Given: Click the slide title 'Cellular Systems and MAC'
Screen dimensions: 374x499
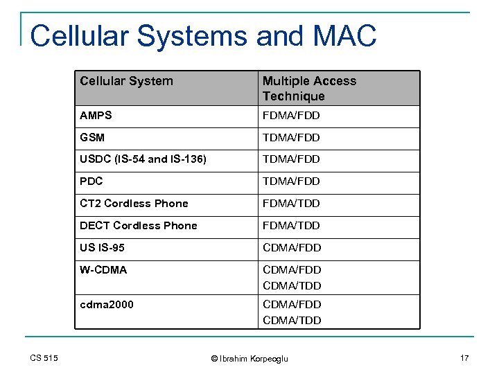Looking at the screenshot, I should [203, 36].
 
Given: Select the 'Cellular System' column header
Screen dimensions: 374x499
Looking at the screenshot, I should [126, 81].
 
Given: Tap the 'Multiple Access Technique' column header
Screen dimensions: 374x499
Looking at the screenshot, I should [309, 89].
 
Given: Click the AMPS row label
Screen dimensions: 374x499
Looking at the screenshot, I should [96, 116].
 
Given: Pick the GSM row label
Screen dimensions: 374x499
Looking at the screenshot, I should [92, 138].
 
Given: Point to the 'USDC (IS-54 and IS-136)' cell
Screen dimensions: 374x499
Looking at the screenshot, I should [143, 159].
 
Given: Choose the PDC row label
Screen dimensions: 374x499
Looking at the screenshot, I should [91, 181].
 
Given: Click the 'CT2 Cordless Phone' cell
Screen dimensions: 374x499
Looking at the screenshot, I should [134, 204].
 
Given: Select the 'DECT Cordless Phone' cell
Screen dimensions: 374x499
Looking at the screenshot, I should [139, 226].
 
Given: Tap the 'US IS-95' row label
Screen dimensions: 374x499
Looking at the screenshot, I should [103, 248].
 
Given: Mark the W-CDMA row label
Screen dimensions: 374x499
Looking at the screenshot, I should [103, 270].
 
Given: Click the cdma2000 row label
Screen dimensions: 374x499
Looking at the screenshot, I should [107, 305].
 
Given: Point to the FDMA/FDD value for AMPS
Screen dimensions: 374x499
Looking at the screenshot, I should [291, 116].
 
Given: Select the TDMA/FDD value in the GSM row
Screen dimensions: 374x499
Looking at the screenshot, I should [291, 138].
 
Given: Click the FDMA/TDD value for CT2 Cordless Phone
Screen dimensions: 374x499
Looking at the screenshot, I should [292, 204].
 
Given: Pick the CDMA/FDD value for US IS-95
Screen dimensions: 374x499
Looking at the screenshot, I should [292, 248].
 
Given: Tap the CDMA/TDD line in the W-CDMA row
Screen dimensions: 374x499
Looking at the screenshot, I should [292, 285].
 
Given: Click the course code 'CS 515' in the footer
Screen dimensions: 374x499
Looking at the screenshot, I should [44, 358].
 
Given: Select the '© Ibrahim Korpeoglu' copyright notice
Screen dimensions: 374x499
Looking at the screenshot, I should [249, 358].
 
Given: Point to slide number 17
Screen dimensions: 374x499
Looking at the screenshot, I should [464, 358].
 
